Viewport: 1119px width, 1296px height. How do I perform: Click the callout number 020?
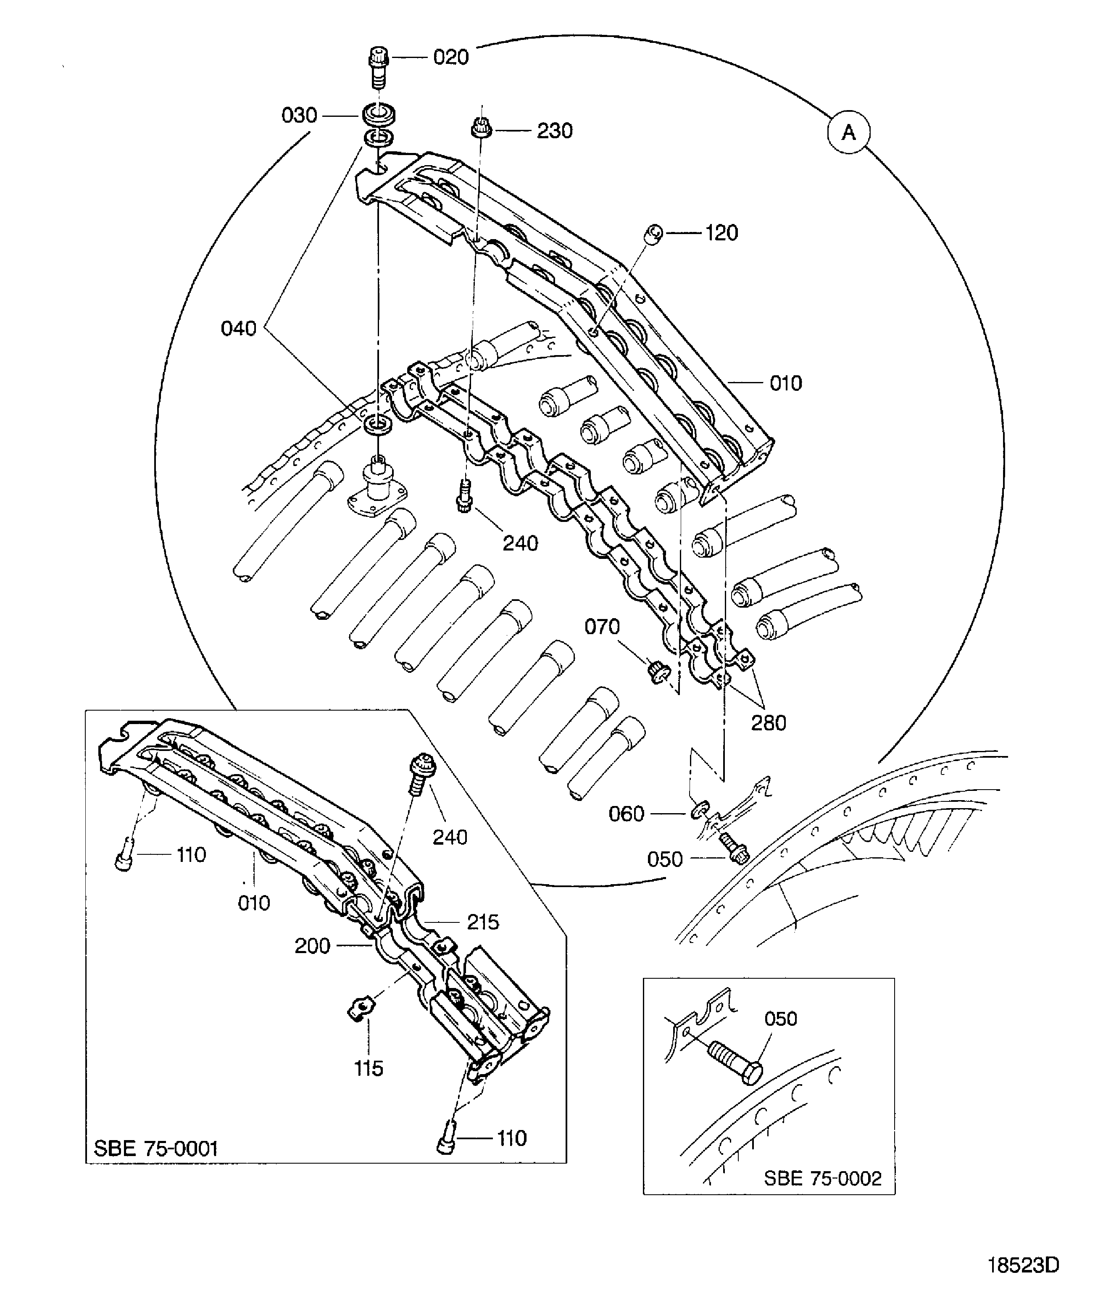tap(451, 58)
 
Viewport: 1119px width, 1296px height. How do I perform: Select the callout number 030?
tap(300, 116)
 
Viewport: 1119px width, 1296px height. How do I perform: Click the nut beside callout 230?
tap(481, 128)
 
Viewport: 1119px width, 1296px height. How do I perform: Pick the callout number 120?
tap(722, 233)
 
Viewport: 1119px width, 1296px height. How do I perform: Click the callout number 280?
tap(768, 723)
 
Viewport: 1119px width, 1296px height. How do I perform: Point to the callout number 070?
tap(602, 627)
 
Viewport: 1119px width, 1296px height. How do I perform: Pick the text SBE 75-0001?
tap(156, 1149)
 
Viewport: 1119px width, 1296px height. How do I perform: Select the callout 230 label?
tap(555, 131)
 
